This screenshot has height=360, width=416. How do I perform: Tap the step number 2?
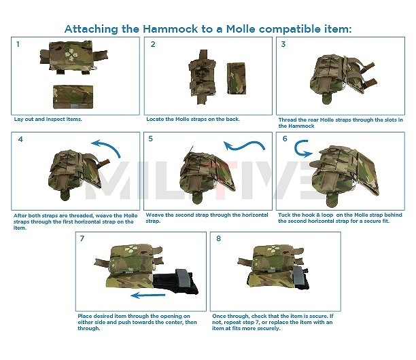pos(152,45)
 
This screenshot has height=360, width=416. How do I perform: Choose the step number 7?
pos(82,239)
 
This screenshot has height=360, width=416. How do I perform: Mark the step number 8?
pos(218,239)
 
